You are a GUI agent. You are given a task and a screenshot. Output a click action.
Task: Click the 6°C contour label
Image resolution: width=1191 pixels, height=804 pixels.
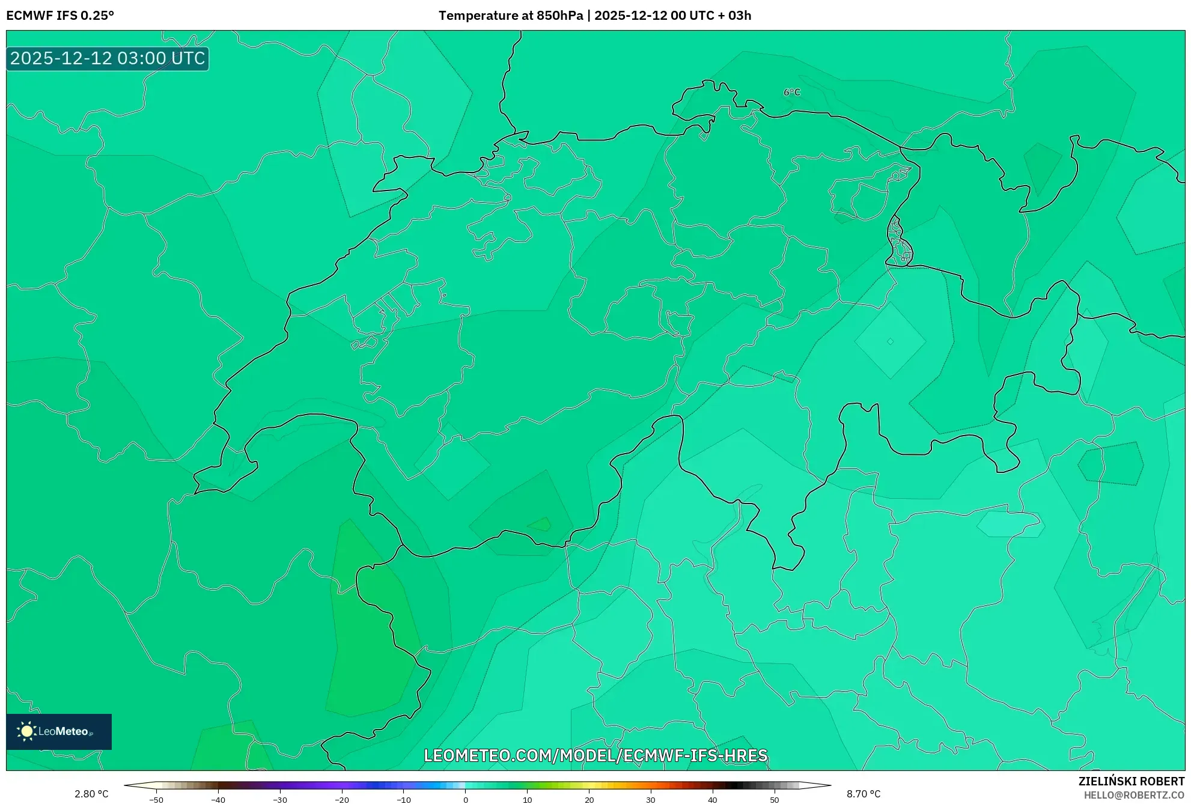(792, 92)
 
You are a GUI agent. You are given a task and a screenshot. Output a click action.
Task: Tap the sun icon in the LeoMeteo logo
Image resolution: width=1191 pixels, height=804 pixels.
(26, 731)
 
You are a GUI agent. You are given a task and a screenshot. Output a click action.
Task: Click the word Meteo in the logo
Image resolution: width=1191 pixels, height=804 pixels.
(71, 731)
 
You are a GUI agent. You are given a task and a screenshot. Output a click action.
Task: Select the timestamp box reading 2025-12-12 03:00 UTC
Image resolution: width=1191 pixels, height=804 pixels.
(108, 58)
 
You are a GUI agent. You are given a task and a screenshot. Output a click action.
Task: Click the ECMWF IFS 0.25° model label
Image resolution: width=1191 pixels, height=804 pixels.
(60, 16)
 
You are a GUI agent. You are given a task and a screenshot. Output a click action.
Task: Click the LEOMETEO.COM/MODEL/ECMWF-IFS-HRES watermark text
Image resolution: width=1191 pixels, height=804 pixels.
(595, 755)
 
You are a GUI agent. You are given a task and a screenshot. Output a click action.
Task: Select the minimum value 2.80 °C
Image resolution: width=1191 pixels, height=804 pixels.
(91, 794)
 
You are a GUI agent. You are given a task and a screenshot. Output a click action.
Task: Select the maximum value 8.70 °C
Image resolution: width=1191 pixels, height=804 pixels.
(864, 794)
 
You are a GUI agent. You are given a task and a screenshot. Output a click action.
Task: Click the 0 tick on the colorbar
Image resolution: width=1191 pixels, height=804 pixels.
(466, 800)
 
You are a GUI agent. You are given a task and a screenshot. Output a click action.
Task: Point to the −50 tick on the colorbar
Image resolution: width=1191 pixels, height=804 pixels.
(156, 800)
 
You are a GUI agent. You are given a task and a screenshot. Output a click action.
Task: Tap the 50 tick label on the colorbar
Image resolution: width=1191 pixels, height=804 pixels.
(775, 800)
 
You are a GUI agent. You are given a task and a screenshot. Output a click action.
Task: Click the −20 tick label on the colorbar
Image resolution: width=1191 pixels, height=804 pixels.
(341, 800)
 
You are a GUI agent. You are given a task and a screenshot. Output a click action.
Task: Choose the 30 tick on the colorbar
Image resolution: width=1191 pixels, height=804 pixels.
(651, 800)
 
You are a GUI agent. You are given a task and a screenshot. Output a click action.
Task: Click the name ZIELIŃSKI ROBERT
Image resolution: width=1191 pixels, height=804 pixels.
(1132, 781)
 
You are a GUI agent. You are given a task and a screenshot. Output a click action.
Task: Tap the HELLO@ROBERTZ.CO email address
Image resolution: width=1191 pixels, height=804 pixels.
(1134, 795)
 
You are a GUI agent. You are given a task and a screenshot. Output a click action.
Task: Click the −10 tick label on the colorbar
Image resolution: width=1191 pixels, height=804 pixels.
(403, 800)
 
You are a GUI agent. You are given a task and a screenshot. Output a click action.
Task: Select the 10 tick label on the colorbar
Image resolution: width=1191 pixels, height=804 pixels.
(527, 800)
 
